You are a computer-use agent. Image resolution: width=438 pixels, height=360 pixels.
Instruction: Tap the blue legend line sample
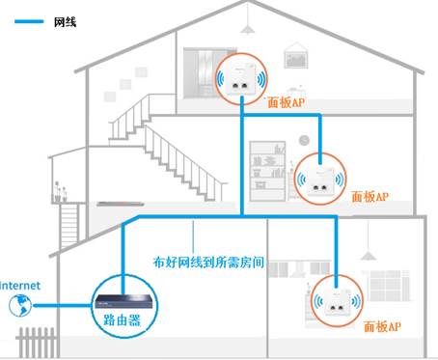(27, 19)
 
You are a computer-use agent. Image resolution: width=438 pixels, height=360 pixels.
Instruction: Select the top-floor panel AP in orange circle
(240, 76)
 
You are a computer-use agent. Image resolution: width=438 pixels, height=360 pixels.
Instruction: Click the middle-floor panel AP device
(322, 179)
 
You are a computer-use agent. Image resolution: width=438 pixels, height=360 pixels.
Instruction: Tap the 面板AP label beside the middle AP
(369, 196)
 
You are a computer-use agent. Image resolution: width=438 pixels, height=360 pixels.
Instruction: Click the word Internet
(20, 285)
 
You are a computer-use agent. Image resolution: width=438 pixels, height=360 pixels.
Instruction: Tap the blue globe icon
(15, 306)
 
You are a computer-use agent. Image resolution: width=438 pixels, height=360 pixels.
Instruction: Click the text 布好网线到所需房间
(209, 262)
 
